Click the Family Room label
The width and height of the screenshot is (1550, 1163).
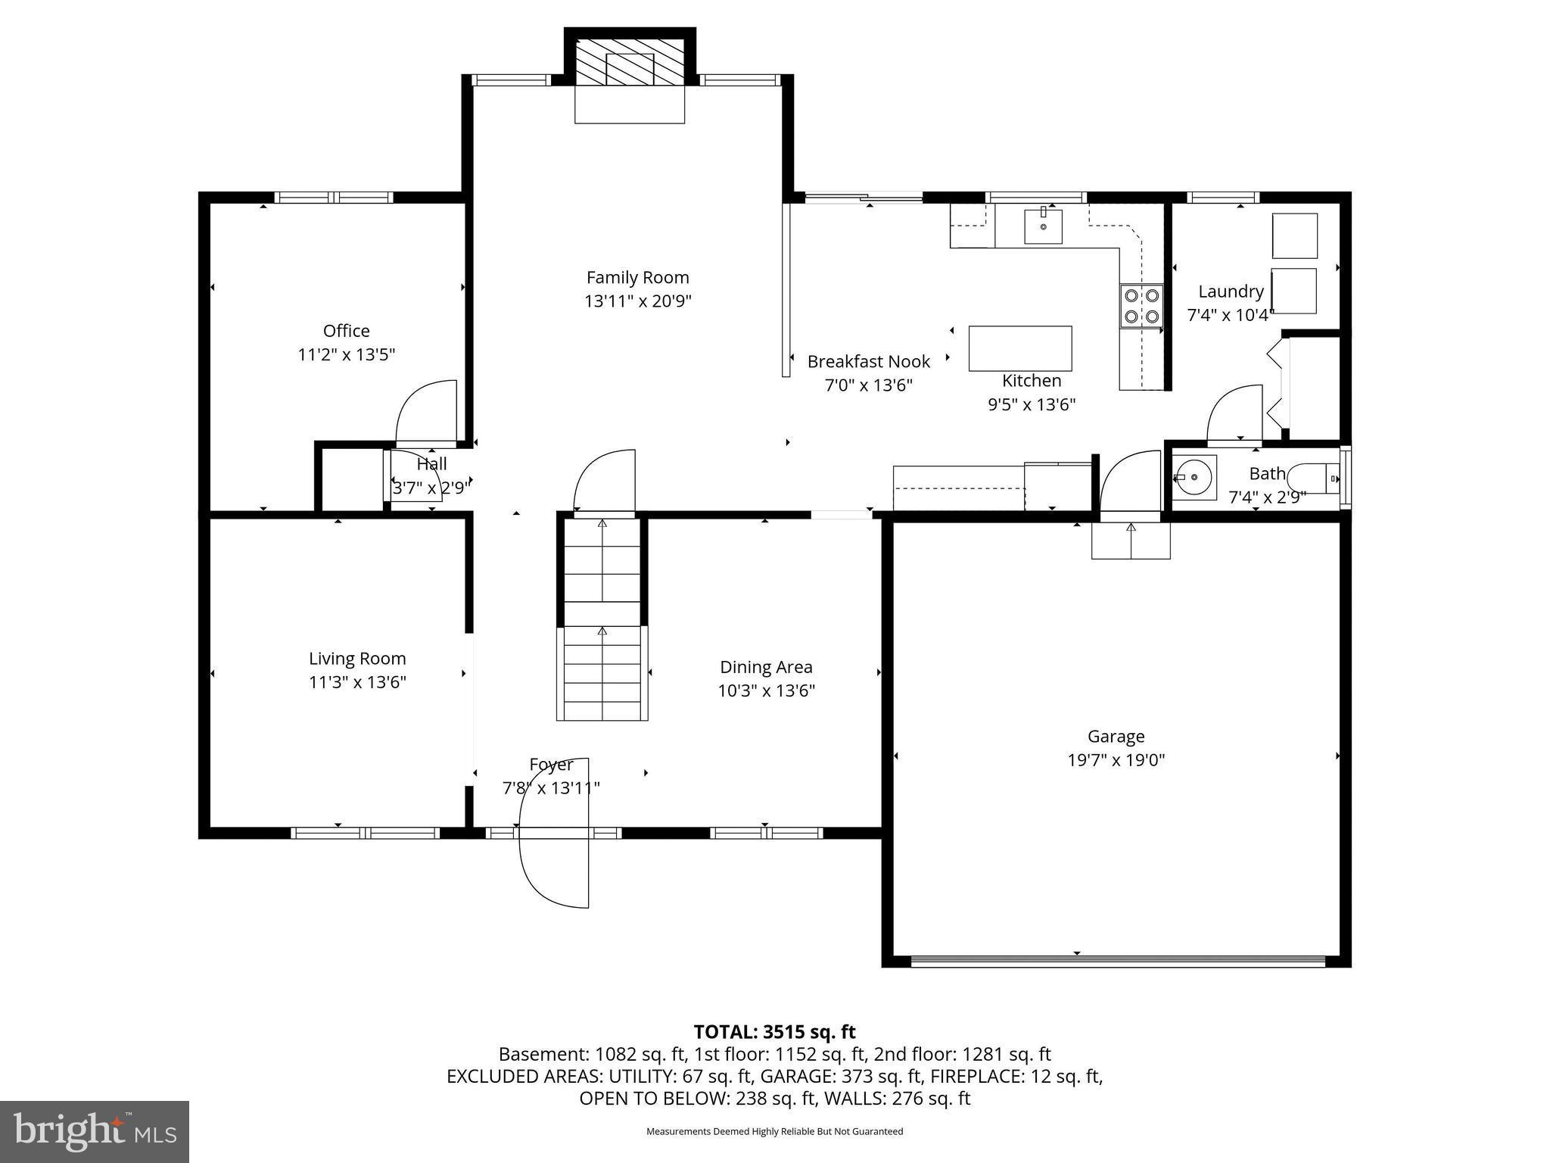coord(637,278)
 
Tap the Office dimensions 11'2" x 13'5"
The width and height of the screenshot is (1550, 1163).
coord(347,354)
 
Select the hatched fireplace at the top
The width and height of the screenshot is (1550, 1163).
coord(630,62)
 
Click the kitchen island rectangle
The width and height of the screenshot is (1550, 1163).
coord(1019,348)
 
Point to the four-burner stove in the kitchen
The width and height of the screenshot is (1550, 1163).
coord(1141,305)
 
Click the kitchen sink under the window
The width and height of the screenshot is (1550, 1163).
coord(1043,226)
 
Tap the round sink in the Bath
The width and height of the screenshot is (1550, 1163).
coord(1194,478)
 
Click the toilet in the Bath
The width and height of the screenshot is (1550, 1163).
coord(1312,479)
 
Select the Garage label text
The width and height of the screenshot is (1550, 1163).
coord(1116,736)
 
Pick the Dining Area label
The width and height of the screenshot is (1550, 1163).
coord(766,667)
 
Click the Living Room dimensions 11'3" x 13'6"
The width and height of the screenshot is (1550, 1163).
coord(357,682)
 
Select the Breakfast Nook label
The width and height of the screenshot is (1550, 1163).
coord(868,362)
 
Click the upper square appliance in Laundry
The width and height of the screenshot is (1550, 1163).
coord(1294,235)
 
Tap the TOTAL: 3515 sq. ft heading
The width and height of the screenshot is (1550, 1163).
coord(774,1032)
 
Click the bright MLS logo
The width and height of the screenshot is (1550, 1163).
coord(94,1131)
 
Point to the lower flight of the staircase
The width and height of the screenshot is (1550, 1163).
coord(602,673)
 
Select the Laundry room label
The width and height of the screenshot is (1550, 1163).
coord(1231,292)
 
